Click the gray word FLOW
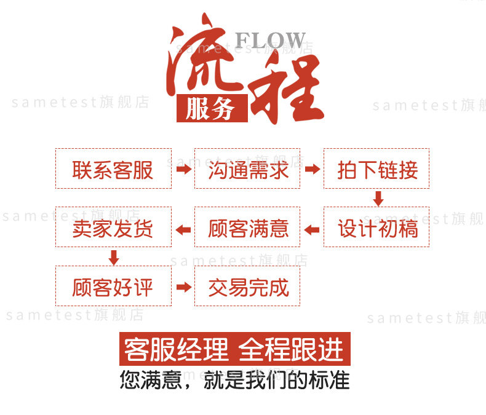tap(270, 41)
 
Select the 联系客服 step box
tap(113, 168)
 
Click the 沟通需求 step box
tap(247, 168)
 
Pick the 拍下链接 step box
tap(376, 168)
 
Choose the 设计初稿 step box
tap(376, 227)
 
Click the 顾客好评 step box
tap(113, 287)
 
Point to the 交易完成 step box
tap(247, 287)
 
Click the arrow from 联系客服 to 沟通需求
tap(183, 168)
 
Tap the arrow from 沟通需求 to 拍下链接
tap(313, 168)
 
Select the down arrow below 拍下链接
tap(378, 198)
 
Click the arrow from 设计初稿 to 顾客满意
tap(313, 229)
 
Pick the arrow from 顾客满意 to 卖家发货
tap(183, 229)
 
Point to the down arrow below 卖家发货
tap(113, 257)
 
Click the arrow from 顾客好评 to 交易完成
tap(183, 287)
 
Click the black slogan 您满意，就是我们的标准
tap(234, 380)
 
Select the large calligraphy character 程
tap(288, 89)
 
